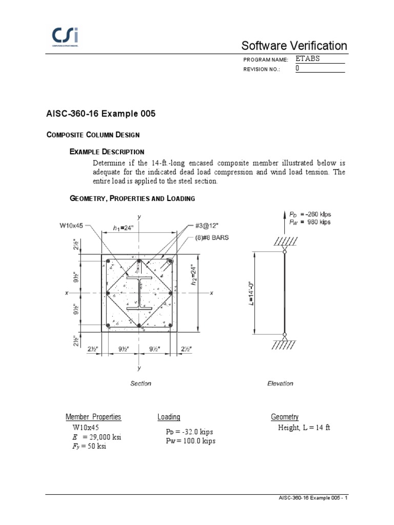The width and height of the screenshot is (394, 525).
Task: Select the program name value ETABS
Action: coord(308,59)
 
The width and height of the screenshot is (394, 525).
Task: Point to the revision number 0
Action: coord(298,69)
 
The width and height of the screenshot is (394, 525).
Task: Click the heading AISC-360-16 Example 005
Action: coord(101,114)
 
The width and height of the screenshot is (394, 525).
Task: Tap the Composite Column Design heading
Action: coord(93,135)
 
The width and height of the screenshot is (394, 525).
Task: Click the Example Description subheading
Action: coord(107,152)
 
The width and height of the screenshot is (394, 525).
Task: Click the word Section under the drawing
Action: coord(141,383)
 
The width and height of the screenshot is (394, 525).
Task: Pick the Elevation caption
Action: coord(281,383)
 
